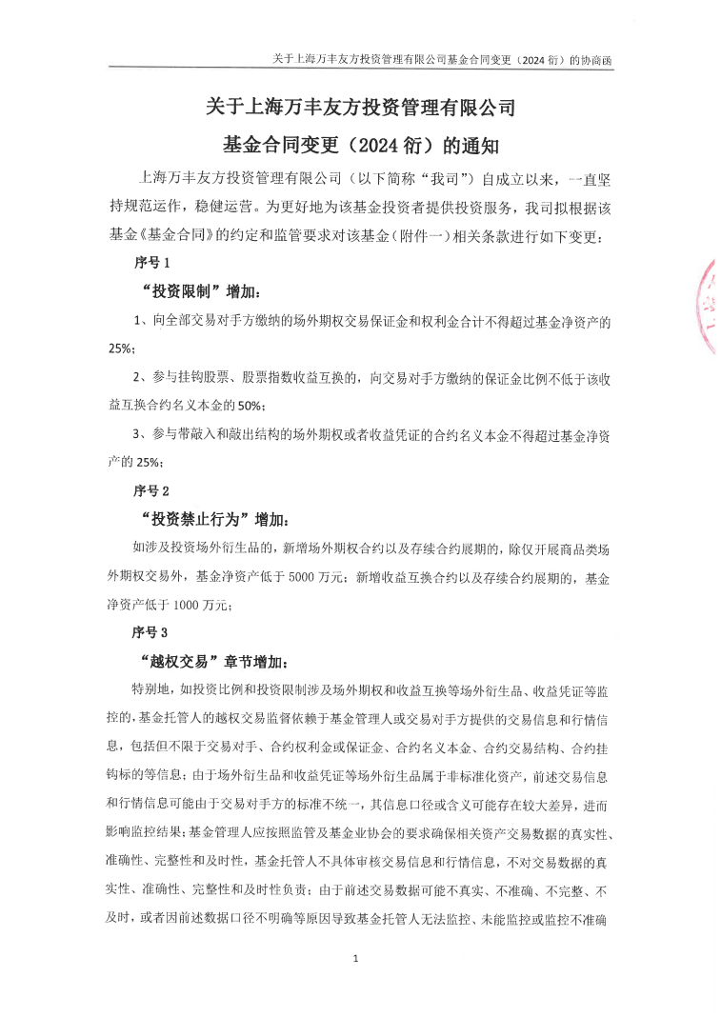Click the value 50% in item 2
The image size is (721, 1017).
(250, 405)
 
